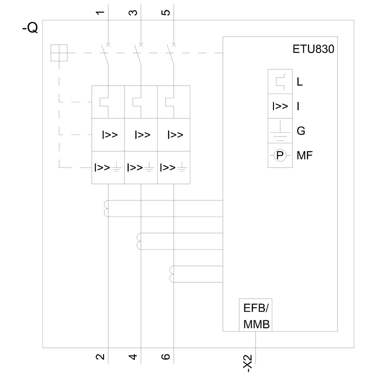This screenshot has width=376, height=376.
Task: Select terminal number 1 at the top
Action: click(x=100, y=13)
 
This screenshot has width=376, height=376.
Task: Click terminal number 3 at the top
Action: click(x=133, y=13)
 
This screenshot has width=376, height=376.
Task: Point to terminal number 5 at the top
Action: click(x=166, y=13)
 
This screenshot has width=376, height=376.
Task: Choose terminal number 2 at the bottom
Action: click(x=100, y=356)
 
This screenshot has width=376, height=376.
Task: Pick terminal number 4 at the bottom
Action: click(x=133, y=356)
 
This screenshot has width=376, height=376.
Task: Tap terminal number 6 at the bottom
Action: click(x=166, y=356)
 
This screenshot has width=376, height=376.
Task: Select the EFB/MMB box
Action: click(x=256, y=315)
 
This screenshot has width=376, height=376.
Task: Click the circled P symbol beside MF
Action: click(x=280, y=155)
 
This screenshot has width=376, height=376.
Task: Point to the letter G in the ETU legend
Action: click(x=301, y=131)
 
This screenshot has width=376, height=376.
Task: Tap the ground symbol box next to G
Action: click(x=280, y=131)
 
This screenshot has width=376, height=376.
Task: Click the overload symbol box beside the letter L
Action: click(x=280, y=82)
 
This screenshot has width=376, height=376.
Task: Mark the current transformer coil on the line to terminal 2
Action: click(x=105, y=209)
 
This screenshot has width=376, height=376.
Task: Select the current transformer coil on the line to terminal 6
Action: click(x=172, y=274)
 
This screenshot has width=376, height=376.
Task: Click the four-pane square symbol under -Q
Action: click(x=59, y=53)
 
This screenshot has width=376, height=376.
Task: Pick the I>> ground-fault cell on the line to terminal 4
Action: click(x=141, y=167)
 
